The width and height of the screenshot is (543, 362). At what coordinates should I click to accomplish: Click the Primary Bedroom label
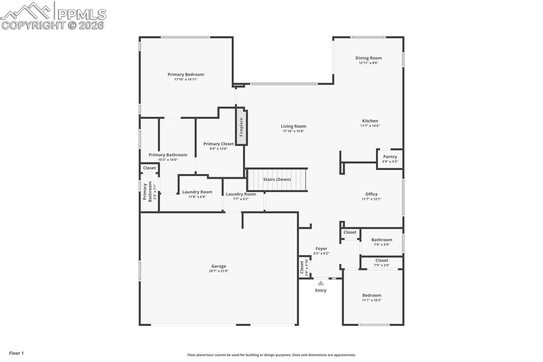[x=186, y=75]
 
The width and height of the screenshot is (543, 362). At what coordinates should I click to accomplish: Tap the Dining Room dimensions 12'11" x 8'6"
[x=368, y=63]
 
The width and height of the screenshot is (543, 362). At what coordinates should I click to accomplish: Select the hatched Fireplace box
[x=241, y=127]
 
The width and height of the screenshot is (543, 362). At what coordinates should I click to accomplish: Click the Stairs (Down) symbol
[x=277, y=179]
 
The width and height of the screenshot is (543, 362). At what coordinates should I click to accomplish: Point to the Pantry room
[x=390, y=159]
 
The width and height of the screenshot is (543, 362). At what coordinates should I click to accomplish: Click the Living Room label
[x=293, y=126]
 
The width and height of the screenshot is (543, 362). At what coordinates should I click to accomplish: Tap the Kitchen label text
[x=370, y=121]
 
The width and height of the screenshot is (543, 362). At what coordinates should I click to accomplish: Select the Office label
[x=371, y=194]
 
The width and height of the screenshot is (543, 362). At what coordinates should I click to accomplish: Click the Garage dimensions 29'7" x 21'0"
[x=218, y=271]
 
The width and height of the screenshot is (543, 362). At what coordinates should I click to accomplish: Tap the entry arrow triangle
[x=321, y=283]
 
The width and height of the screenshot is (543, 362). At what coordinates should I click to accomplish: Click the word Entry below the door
[x=321, y=290]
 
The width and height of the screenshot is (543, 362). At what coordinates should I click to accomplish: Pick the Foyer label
[x=321, y=248]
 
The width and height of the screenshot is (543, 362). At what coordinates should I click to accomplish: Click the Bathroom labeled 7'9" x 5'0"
[x=381, y=242]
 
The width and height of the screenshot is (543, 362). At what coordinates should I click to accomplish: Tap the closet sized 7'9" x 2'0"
[x=381, y=262]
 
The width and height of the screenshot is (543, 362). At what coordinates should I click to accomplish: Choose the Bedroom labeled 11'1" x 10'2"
[x=372, y=297]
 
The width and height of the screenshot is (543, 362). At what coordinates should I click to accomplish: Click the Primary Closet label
[x=218, y=144]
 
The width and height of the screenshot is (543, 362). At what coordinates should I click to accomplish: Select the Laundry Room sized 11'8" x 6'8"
[x=197, y=194]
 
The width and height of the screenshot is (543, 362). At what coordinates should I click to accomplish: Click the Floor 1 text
[x=16, y=353]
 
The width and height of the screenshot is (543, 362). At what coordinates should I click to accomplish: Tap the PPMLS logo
[x=53, y=16]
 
